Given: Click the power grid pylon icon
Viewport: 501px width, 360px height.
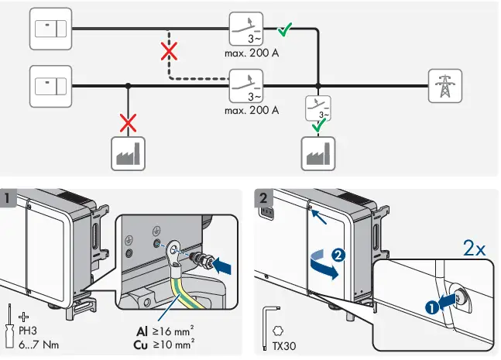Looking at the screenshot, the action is point(445,86).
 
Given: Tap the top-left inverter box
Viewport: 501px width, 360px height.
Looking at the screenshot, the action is point(51,29).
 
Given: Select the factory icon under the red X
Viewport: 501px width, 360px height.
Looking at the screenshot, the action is point(128,153).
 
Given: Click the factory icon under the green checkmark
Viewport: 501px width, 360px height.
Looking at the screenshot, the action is point(318,153).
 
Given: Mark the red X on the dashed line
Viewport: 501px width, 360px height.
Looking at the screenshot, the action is point(169,51).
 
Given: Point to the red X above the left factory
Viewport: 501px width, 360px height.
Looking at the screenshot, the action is point(128,123).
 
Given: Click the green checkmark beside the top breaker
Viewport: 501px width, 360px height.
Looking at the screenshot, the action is point(284,29).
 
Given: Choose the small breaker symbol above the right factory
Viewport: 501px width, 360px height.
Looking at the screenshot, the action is point(318,108).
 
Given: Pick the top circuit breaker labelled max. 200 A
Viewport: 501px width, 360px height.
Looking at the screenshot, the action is point(246,29).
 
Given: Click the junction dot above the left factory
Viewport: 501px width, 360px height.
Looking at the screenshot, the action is point(128,86).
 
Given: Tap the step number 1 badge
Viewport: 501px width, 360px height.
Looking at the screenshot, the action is point(7,198).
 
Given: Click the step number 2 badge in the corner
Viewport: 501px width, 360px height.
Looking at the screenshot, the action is point(263,198).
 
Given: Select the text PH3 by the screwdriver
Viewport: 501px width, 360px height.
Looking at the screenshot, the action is point(28,331).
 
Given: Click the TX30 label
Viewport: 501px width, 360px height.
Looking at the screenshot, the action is point(284,346).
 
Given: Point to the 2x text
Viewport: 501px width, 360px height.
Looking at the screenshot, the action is point(474,248).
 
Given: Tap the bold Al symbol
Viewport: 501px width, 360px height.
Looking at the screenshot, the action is point(142,331).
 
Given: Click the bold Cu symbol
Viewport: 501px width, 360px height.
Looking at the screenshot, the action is point(141,345).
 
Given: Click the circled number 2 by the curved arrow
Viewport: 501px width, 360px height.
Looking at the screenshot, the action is point(338,255).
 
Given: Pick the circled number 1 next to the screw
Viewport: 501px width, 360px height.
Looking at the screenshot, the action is point(432,308).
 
